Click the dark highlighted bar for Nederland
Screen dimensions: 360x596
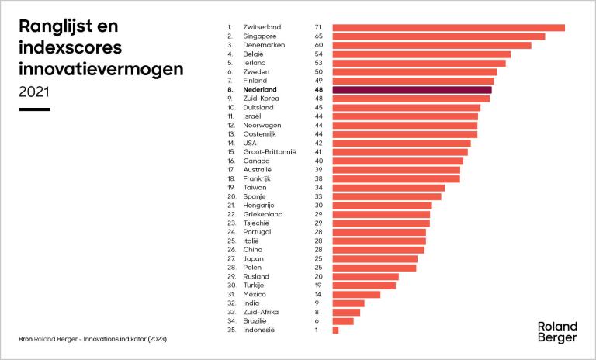click(412, 90)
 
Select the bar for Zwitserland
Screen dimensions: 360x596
click(449, 28)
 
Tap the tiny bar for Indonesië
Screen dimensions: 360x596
click(335, 331)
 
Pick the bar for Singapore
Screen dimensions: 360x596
click(438, 36)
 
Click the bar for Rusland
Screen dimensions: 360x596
click(366, 277)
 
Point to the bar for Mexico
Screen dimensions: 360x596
click(356, 295)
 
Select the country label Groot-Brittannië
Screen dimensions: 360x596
click(270, 152)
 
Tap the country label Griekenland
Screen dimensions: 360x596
click(263, 214)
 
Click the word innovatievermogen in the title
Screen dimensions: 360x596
click(101, 68)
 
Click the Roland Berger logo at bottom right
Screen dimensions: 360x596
click(557, 331)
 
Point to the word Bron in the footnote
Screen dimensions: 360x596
click(26, 340)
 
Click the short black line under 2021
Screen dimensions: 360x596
click(34, 109)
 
